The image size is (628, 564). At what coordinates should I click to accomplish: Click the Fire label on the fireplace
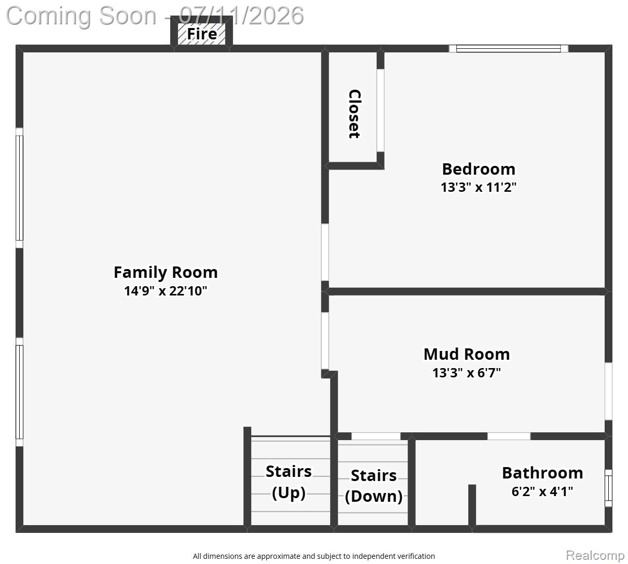coord(202,34)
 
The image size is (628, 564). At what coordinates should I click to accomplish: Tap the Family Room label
coord(166,272)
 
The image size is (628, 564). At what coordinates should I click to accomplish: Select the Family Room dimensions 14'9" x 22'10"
coord(166,291)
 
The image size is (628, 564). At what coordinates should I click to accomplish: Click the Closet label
coord(355,114)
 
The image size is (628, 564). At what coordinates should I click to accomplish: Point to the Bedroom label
coord(479,169)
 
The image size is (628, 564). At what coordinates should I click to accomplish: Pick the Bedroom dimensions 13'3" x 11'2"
coord(479,187)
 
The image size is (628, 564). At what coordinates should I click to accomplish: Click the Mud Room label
coord(467,354)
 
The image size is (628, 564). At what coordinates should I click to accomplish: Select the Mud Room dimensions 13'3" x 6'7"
coord(467,373)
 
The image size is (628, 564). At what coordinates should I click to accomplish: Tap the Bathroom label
coord(542,473)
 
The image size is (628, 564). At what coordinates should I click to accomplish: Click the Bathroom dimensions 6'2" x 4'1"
coord(542,491)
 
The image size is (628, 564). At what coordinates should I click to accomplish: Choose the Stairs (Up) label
coord(289,482)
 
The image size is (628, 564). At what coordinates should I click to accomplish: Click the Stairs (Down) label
coord(374,486)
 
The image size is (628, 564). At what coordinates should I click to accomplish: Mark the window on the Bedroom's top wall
coord(509,49)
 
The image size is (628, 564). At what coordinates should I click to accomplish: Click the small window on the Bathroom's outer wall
coord(608,488)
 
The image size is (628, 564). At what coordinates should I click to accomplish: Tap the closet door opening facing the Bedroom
coord(380,110)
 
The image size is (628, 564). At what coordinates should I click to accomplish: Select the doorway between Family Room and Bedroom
coord(325,252)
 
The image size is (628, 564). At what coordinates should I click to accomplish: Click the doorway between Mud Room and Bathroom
coord(509,436)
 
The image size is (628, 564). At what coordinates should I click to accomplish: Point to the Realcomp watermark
coord(595,556)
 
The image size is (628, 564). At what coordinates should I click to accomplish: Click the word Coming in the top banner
coord(50,16)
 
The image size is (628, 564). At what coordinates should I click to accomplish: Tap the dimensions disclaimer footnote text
coord(313,556)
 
